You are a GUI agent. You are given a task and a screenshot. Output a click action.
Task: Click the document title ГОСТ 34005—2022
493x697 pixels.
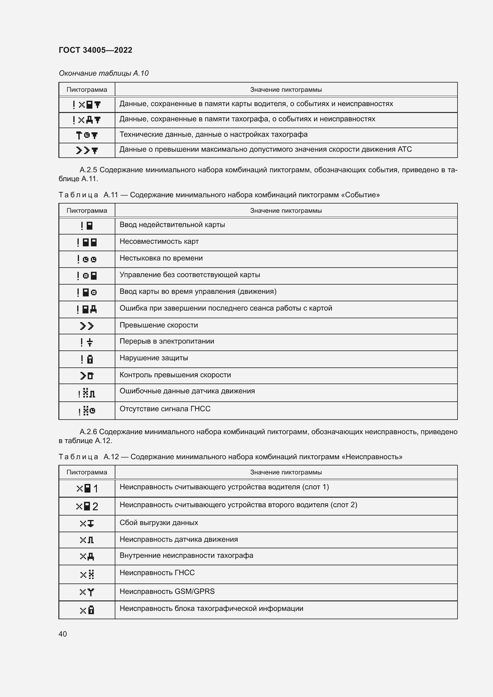(x=95, y=50)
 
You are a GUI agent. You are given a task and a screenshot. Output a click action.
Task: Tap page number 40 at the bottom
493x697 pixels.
(x=63, y=634)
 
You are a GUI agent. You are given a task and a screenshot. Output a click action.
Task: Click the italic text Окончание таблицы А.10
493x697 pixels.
(x=103, y=73)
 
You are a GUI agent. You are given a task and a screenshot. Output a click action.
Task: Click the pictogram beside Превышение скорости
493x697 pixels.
(x=87, y=326)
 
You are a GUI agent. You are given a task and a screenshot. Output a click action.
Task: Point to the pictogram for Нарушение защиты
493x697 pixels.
(x=87, y=359)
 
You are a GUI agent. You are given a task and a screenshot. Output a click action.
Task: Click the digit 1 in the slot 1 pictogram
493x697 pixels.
(x=95, y=489)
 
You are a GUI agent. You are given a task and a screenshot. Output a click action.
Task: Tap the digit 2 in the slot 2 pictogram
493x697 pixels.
(x=95, y=506)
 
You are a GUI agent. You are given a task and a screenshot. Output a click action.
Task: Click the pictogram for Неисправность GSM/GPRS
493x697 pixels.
(x=87, y=592)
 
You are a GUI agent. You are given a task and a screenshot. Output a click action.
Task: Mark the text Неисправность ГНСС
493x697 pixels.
(x=157, y=573)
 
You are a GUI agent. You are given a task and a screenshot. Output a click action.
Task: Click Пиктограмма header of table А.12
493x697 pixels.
(x=87, y=472)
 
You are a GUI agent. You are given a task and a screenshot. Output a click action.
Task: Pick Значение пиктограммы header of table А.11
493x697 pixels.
(x=286, y=211)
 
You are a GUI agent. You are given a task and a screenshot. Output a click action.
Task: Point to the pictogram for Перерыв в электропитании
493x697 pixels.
(x=87, y=342)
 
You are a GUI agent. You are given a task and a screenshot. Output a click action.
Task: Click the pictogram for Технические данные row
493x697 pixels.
(x=87, y=135)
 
